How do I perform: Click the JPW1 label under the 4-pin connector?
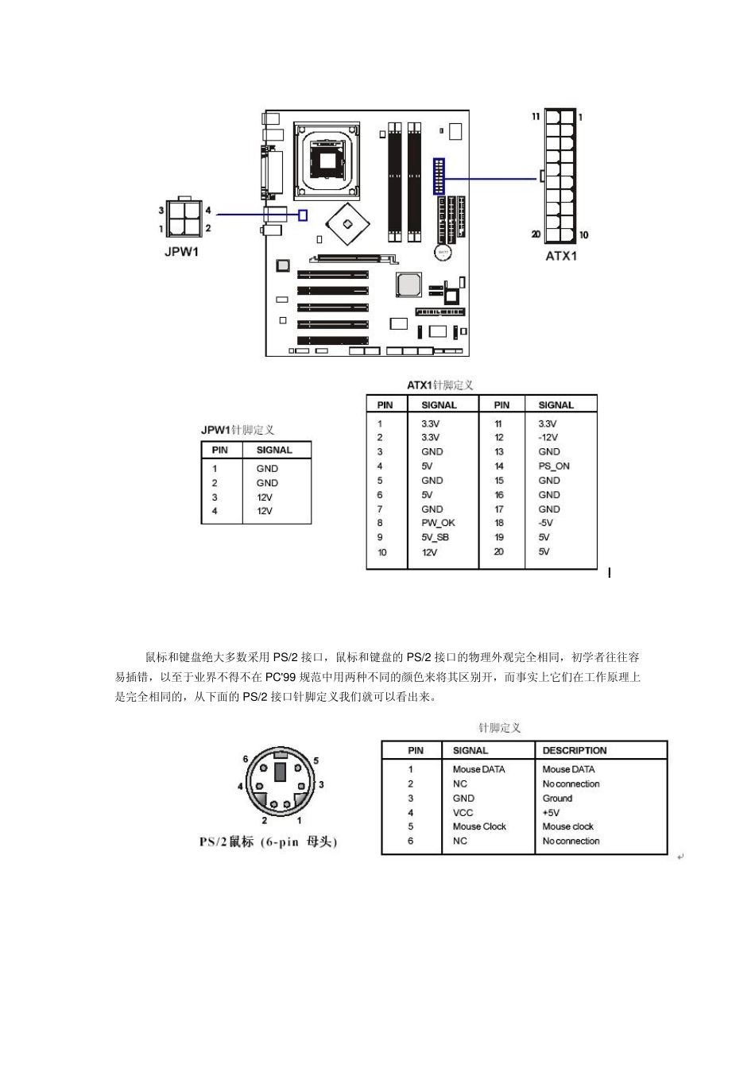[180, 253]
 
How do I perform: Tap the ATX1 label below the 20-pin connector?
[561, 256]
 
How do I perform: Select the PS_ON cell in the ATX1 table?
[554, 466]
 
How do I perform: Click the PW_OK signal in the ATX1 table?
[438, 523]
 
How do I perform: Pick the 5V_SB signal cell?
[435, 537]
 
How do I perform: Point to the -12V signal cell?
[548, 438]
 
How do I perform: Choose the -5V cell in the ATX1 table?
[545, 523]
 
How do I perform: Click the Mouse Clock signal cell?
[479, 826]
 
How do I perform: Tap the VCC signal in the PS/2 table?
[463, 812]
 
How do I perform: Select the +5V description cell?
[551, 812]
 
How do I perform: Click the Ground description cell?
[557, 798]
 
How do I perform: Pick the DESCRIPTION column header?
[574, 750]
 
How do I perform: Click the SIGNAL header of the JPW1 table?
[274, 450]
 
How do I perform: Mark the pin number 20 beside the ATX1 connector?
[536, 234]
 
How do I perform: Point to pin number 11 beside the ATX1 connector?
[536, 117]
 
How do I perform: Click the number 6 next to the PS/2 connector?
[246, 758]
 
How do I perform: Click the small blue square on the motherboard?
[302, 215]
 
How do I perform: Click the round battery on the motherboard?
[443, 252]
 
